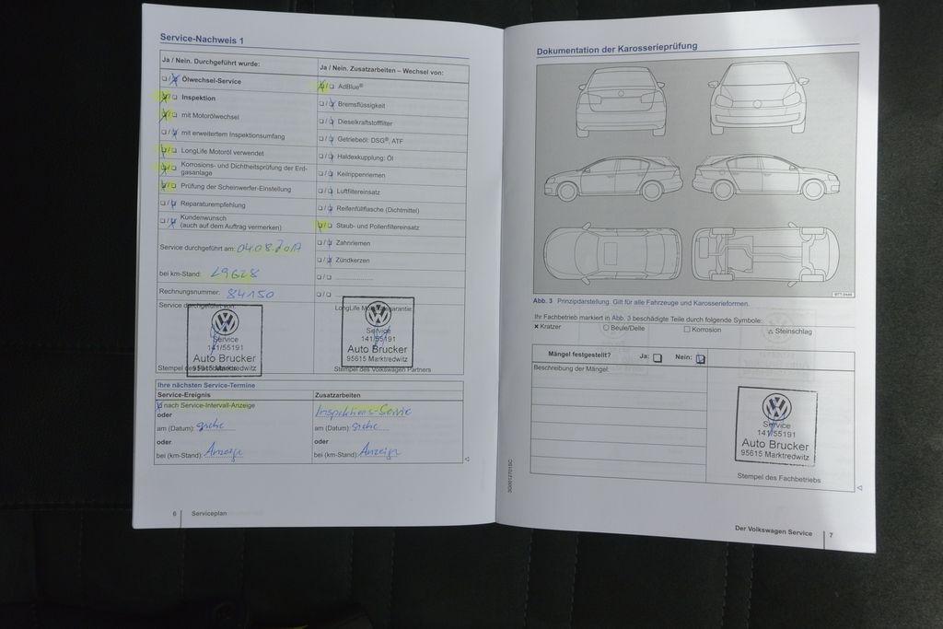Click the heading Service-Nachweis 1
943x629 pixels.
tap(202, 38)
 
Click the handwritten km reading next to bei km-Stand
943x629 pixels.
tap(235, 273)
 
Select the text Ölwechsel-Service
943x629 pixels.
tap(211, 81)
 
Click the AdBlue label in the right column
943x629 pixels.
tap(350, 87)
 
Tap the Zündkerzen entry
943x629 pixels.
tap(354, 260)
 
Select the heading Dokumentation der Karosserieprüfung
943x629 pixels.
tap(616, 46)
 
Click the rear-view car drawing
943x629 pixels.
tap(620, 101)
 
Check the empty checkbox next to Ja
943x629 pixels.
tap(657, 358)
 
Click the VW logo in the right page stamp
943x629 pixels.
tap(776, 407)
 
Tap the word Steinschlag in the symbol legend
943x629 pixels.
tap(794, 331)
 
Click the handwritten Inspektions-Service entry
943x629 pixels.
tap(362, 412)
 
